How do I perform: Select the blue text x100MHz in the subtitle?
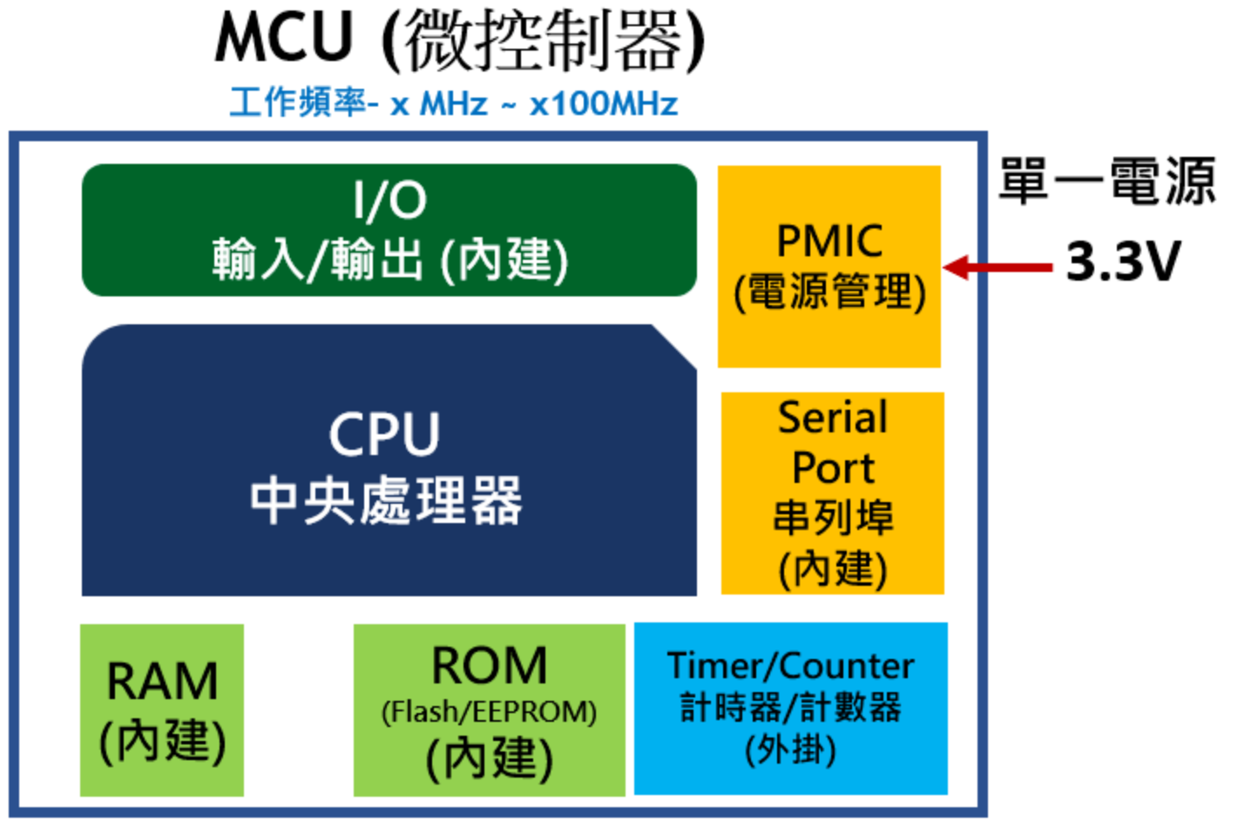click(x=603, y=105)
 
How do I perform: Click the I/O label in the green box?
click(x=389, y=200)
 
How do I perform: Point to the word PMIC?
click(x=829, y=241)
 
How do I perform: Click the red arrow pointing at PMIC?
click(x=997, y=267)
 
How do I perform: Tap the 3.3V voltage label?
click(x=1123, y=261)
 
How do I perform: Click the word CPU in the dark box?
click(x=384, y=434)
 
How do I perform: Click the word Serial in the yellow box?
click(x=832, y=417)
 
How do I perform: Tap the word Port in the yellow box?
click(x=832, y=468)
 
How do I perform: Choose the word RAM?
click(x=162, y=681)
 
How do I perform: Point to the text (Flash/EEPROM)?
click(x=489, y=712)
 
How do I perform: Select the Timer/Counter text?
click(x=790, y=666)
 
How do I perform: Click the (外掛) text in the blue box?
click(x=790, y=749)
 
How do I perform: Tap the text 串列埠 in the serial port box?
click(x=832, y=518)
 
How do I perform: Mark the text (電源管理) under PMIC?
click(x=829, y=291)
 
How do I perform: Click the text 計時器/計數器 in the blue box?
click(x=790, y=707)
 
